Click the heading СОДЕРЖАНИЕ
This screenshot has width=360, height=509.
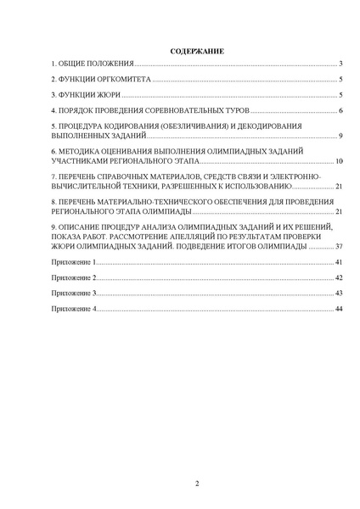pyautogui.click(x=196, y=51)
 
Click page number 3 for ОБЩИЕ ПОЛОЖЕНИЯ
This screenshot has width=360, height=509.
pyautogui.click(x=339, y=64)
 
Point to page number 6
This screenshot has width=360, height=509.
pyautogui.click(x=339, y=111)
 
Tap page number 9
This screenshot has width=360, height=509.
pyautogui.click(x=339, y=136)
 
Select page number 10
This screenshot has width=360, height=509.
pyautogui.click(x=338, y=160)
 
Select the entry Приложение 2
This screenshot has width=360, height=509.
pyautogui.click(x=75, y=277)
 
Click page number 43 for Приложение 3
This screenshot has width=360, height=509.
pyautogui.click(x=338, y=293)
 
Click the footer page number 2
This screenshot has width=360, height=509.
pyautogui.click(x=197, y=484)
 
